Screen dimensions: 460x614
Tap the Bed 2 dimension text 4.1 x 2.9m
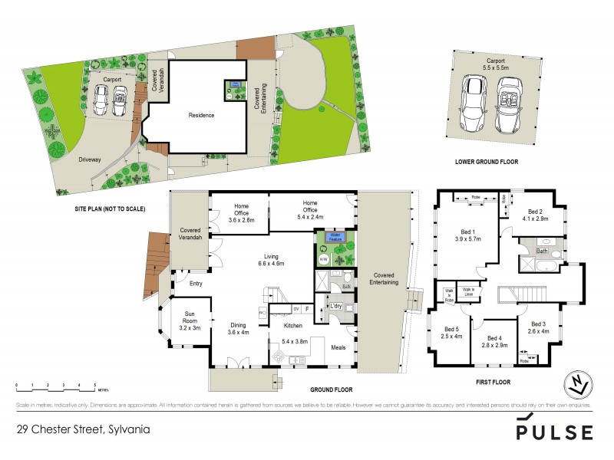pyautogui.click(x=535, y=219)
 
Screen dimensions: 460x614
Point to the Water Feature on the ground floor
pyautogui.click(x=333, y=236)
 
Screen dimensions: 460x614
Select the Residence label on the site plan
pyautogui.click(x=201, y=115)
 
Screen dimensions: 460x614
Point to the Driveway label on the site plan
pyautogui.click(x=89, y=159)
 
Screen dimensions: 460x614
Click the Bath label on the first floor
pyautogui.click(x=542, y=251)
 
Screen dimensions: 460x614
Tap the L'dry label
pyautogui.click(x=335, y=306)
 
